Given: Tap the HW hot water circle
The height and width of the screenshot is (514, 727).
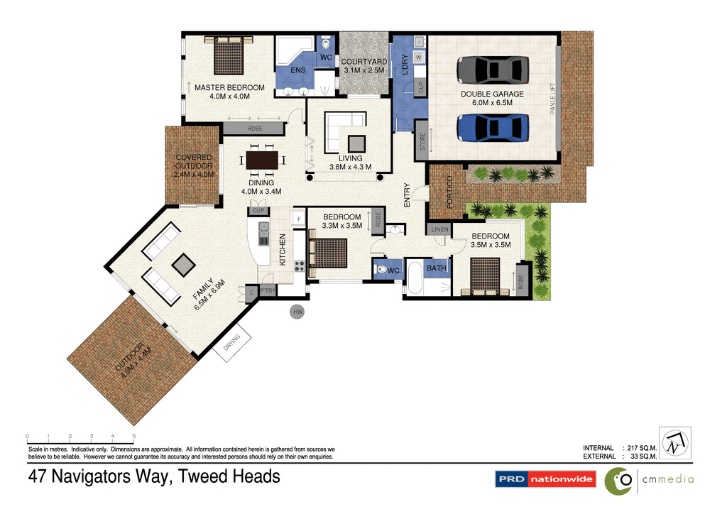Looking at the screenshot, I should (x=297, y=311).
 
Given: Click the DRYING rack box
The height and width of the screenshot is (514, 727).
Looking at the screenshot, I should (x=232, y=344).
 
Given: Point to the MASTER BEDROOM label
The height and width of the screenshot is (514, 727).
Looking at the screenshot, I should (x=229, y=88).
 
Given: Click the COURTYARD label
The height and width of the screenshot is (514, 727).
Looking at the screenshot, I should (x=363, y=62).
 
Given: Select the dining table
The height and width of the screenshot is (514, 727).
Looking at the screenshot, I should (x=262, y=159).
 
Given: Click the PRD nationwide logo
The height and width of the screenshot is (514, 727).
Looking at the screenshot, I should (x=545, y=480).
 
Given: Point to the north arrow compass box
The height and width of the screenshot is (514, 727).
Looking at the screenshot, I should (x=674, y=444).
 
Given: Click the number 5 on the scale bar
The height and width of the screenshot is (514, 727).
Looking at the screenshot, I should (x=134, y=436).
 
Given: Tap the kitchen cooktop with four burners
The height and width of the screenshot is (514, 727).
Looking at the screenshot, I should (x=298, y=267).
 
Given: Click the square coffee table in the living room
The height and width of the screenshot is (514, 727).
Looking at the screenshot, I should (x=355, y=140).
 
